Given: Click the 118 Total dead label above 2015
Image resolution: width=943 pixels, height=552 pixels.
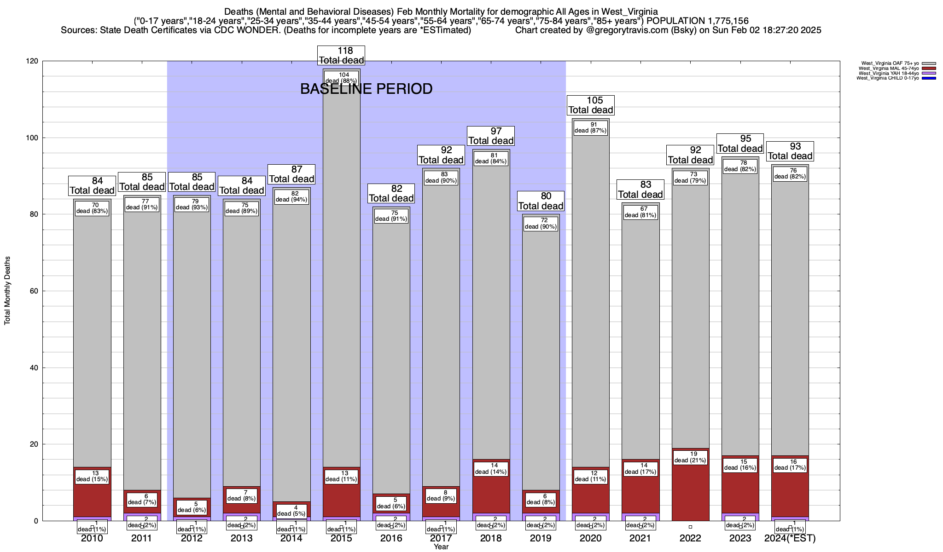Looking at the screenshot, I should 341,55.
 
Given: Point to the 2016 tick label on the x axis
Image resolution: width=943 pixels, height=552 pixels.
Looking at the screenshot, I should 391,538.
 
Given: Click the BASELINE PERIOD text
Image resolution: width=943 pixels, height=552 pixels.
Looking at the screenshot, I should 366,89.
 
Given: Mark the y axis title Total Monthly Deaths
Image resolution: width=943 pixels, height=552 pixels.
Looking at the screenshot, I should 7,291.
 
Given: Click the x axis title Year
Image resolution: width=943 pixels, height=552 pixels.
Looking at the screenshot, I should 441,547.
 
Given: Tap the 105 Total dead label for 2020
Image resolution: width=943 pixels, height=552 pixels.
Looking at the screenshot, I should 591,105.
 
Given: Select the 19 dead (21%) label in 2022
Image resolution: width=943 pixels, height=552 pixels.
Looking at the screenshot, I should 690,457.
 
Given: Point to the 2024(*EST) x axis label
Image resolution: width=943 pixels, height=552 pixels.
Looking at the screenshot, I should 790,538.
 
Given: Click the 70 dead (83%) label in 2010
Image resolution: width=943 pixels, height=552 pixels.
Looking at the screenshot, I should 92,208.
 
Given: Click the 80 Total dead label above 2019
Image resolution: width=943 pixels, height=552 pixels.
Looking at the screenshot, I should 541,201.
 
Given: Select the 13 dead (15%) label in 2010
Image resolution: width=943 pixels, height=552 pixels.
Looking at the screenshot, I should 92,477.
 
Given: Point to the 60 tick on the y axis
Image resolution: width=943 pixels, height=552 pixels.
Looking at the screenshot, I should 35,291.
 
